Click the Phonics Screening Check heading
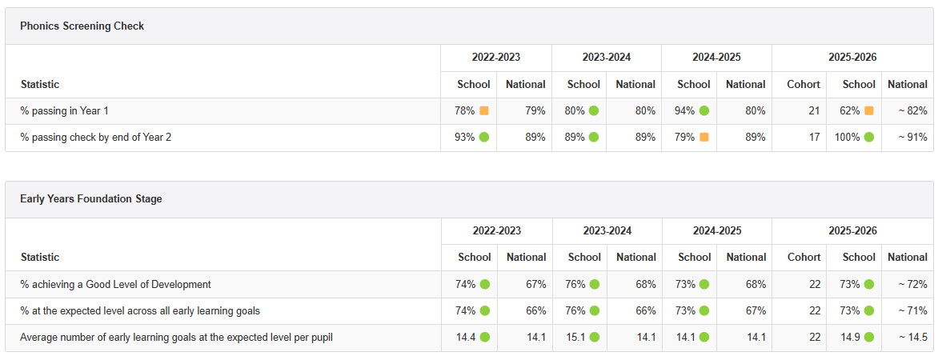pos(82,26)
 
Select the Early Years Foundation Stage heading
pos(91,199)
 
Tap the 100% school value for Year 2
pos(847,138)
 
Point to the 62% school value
pos(849,110)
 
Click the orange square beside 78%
pos(484,110)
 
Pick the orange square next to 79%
pos(704,138)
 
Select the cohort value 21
pos(815,110)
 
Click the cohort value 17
pos(815,138)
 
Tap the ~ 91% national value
pos(913,138)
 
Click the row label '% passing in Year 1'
pos(65,110)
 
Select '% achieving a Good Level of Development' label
pos(115,285)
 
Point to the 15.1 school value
pos(575,338)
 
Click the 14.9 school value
pos(850,338)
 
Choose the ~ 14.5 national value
pos(913,338)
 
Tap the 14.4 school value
pos(466,338)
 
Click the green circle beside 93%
pos(484,138)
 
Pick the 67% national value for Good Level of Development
pos(536,285)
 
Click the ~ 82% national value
pos(913,110)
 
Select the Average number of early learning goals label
pos(176,338)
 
